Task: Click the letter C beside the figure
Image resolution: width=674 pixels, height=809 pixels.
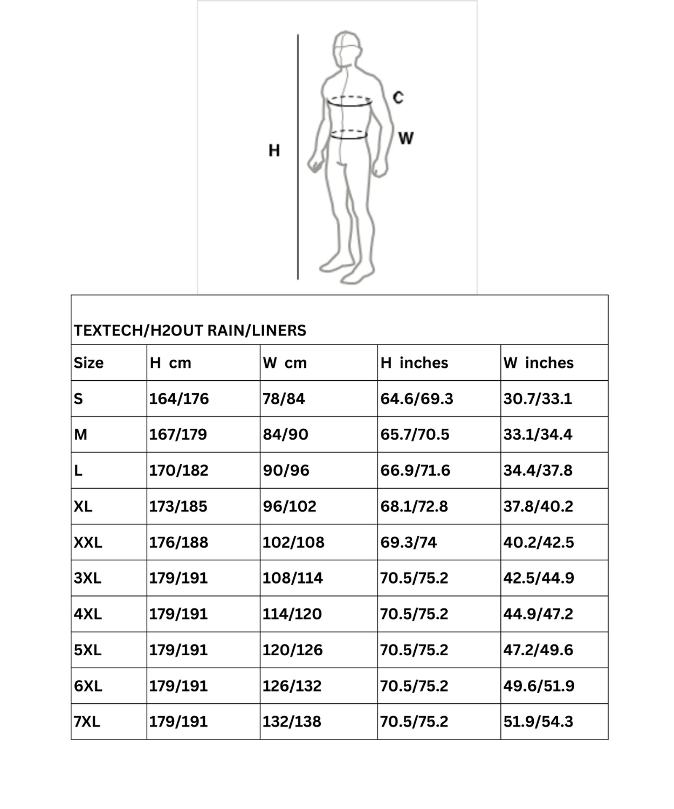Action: pyautogui.click(x=398, y=98)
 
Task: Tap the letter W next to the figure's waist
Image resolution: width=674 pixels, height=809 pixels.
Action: pyautogui.click(x=405, y=139)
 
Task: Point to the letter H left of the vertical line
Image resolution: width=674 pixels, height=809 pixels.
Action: pyautogui.click(x=274, y=150)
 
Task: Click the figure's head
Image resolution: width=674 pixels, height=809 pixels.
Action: pyautogui.click(x=346, y=48)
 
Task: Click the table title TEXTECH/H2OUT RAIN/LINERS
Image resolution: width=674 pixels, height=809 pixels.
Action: pyautogui.click(x=190, y=330)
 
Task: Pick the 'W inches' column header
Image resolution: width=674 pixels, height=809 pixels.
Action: pyautogui.click(x=538, y=363)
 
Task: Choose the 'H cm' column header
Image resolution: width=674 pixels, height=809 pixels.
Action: pyautogui.click(x=170, y=363)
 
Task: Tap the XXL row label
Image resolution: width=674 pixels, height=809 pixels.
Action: pyautogui.click(x=88, y=542)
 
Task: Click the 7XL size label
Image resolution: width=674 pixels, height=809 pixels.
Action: pyautogui.click(x=87, y=722)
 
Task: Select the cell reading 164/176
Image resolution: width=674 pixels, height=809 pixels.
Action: pyautogui.click(x=178, y=399)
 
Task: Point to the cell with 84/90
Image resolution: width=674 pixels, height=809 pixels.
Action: pyautogui.click(x=285, y=434)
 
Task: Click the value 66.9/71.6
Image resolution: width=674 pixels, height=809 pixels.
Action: pyautogui.click(x=415, y=470)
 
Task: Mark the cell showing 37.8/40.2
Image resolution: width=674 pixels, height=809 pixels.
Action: pyautogui.click(x=538, y=506)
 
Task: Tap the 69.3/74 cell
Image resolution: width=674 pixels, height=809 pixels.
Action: pyautogui.click(x=408, y=542)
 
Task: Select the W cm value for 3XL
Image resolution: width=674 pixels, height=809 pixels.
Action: pyautogui.click(x=292, y=578)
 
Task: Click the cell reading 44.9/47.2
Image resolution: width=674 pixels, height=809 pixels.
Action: pyautogui.click(x=538, y=614)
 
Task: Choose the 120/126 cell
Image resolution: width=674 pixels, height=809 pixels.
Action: pyautogui.click(x=292, y=650)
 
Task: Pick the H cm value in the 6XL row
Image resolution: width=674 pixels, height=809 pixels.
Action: pyautogui.click(x=178, y=686)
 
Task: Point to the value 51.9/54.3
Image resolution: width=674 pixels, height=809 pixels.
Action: pyautogui.click(x=538, y=722)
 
